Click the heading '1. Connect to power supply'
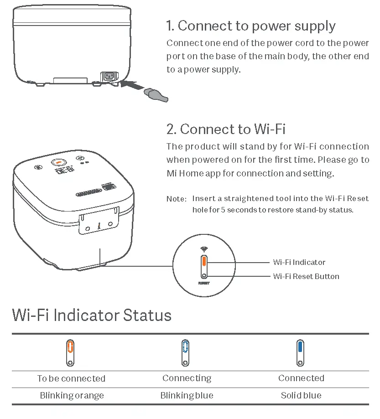pos(251,26)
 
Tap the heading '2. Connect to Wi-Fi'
pos(226,129)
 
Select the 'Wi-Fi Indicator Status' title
pos(92,315)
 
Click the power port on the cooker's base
pos(109,76)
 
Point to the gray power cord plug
pos(156,94)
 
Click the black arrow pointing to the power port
pos(134,85)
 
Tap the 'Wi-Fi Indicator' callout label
pos(299,262)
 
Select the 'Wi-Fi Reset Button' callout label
pos(306,276)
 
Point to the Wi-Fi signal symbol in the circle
pos(204,249)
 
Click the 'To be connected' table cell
pos(71,378)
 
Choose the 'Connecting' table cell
pos(187,378)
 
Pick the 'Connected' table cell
pos(301,378)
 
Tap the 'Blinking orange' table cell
pos(72,395)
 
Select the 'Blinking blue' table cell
pos(187,395)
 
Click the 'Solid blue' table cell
pos(301,395)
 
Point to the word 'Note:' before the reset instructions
pos(176,199)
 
